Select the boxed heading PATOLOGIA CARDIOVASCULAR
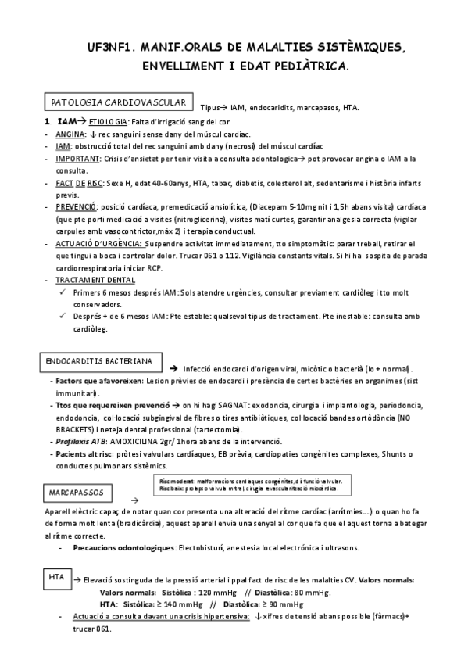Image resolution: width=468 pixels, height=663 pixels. pos(117,102)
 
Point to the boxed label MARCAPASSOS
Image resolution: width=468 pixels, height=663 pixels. pos(76,493)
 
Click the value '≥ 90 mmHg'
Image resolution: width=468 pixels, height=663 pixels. pos(284,604)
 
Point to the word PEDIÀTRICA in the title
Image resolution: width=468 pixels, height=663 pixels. pos(304,68)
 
